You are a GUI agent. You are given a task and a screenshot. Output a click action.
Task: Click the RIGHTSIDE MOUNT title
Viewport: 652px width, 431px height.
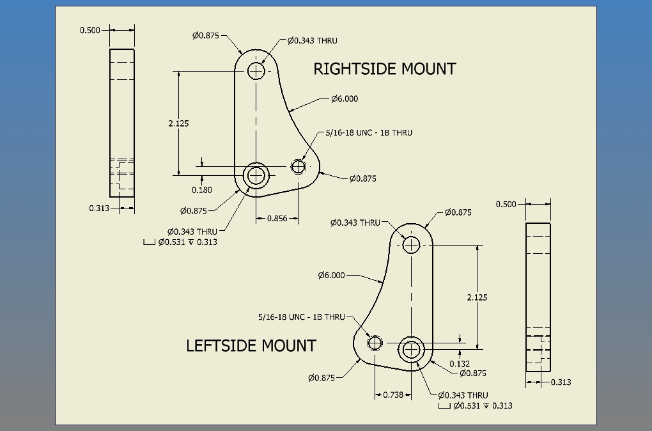pyautogui.click(x=384, y=69)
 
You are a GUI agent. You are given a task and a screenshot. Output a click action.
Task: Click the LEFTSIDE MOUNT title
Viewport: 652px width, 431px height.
pyautogui.click(x=251, y=346)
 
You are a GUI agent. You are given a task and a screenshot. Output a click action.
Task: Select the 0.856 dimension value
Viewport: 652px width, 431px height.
pyautogui.click(x=277, y=218)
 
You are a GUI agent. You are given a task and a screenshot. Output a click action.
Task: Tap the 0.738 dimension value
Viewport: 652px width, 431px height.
pyautogui.click(x=393, y=395)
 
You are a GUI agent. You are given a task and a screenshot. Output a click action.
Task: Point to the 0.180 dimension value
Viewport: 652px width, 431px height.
pyautogui.click(x=202, y=190)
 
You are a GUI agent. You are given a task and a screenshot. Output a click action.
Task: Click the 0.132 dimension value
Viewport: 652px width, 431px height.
pyautogui.click(x=460, y=364)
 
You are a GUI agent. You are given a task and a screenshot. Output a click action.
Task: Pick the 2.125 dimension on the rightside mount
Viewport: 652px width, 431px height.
pyautogui.click(x=178, y=123)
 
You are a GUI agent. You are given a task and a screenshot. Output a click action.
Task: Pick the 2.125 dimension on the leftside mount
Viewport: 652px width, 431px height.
pyautogui.click(x=477, y=297)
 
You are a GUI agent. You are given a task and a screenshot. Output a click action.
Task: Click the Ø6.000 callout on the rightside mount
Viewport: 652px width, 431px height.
pyautogui.click(x=345, y=98)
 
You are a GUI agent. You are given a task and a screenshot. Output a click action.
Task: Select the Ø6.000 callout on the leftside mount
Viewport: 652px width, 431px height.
pyautogui.click(x=331, y=276)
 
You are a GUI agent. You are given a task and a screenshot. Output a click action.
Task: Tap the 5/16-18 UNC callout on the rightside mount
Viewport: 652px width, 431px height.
pyautogui.click(x=369, y=133)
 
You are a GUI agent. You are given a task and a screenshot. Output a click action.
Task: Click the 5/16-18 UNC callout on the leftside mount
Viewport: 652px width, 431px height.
pyautogui.click(x=301, y=317)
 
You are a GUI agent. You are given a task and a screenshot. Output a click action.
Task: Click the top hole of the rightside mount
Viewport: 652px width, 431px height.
pyautogui.click(x=256, y=70)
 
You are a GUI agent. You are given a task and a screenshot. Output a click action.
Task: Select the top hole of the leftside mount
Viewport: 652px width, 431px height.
pyautogui.click(x=410, y=244)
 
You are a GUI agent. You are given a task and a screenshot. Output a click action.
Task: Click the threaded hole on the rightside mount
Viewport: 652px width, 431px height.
pyautogui.click(x=298, y=167)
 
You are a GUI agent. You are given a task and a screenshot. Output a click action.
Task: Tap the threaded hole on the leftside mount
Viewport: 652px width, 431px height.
pyautogui.click(x=375, y=343)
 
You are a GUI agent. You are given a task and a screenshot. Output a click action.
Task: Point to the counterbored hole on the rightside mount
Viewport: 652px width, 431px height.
pyautogui.click(x=256, y=174)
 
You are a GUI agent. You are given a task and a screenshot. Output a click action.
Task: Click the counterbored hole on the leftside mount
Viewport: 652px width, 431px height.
pyautogui.click(x=410, y=349)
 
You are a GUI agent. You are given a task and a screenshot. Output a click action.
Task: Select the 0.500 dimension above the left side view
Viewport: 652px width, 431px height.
pyautogui.click(x=89, y=30)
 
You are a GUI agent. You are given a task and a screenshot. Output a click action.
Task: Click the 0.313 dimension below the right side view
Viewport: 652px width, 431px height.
pyautogui.click(x=561, y=382)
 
